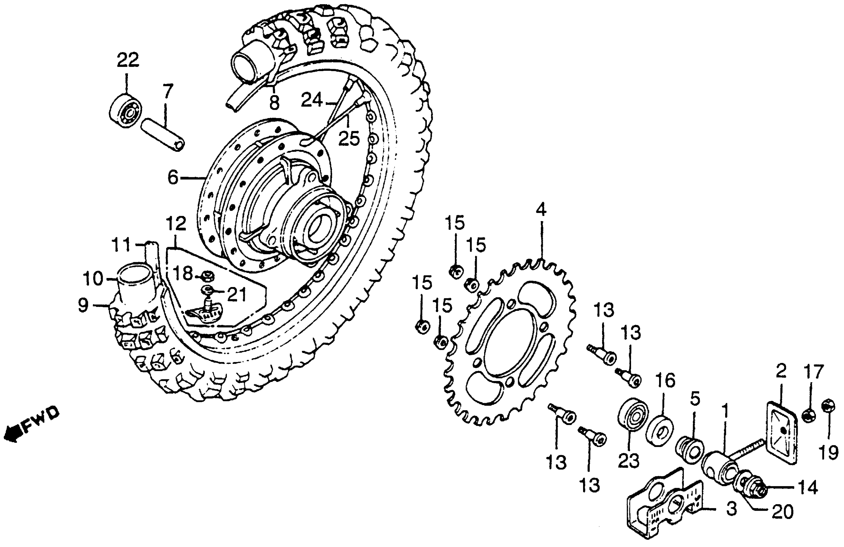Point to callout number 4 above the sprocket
click(x=541, y=210)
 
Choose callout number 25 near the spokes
click(x=349, y=138)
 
